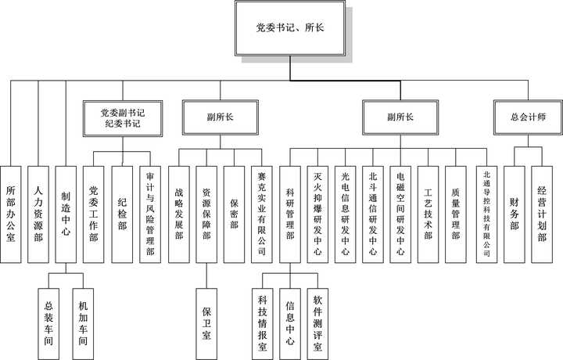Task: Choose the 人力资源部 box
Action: coord(38,212)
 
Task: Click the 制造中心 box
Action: coord(66,212)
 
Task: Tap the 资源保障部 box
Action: coord(207,212)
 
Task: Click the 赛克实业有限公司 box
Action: coord(261,212)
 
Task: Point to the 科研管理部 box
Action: coord(290,212)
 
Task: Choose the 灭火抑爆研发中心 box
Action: coord(317,212)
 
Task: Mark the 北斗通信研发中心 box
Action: coord(373,212)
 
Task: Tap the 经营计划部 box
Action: coord(542,212)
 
